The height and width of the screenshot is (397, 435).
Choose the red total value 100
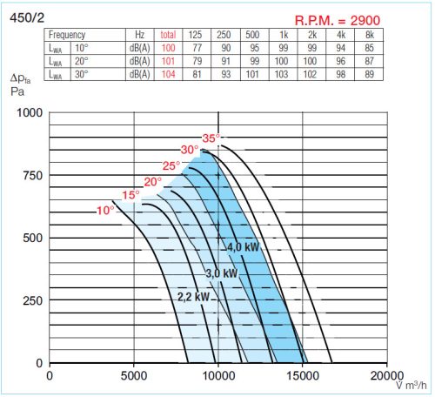click(x=168, y=48)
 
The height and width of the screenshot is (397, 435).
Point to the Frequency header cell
click(x=67, y=35)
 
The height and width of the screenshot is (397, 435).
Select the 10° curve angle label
click(x=105, y=211)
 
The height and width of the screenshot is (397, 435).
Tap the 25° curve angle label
click(x=171, y=165)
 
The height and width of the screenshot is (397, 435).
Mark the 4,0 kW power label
click(x=244, y=247)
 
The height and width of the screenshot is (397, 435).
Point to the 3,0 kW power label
click(x=221, y=273)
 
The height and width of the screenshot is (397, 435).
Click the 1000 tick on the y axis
click(x=29, y=112)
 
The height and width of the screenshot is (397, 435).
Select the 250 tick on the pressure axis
click(x=31, y=300)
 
